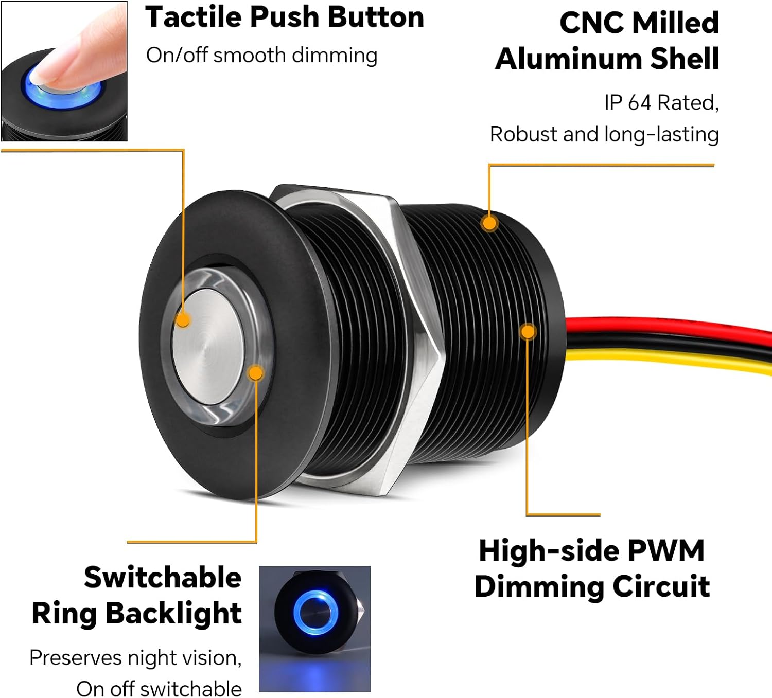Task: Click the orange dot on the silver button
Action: (x=183, y=320)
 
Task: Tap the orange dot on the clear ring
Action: (x=255, y=372)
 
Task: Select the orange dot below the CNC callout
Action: (x=489, y=223)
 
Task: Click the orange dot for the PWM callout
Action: (x=528, y=331)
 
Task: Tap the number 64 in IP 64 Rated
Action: (x=639, y=102)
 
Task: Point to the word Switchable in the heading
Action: (x=163, y=577)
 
